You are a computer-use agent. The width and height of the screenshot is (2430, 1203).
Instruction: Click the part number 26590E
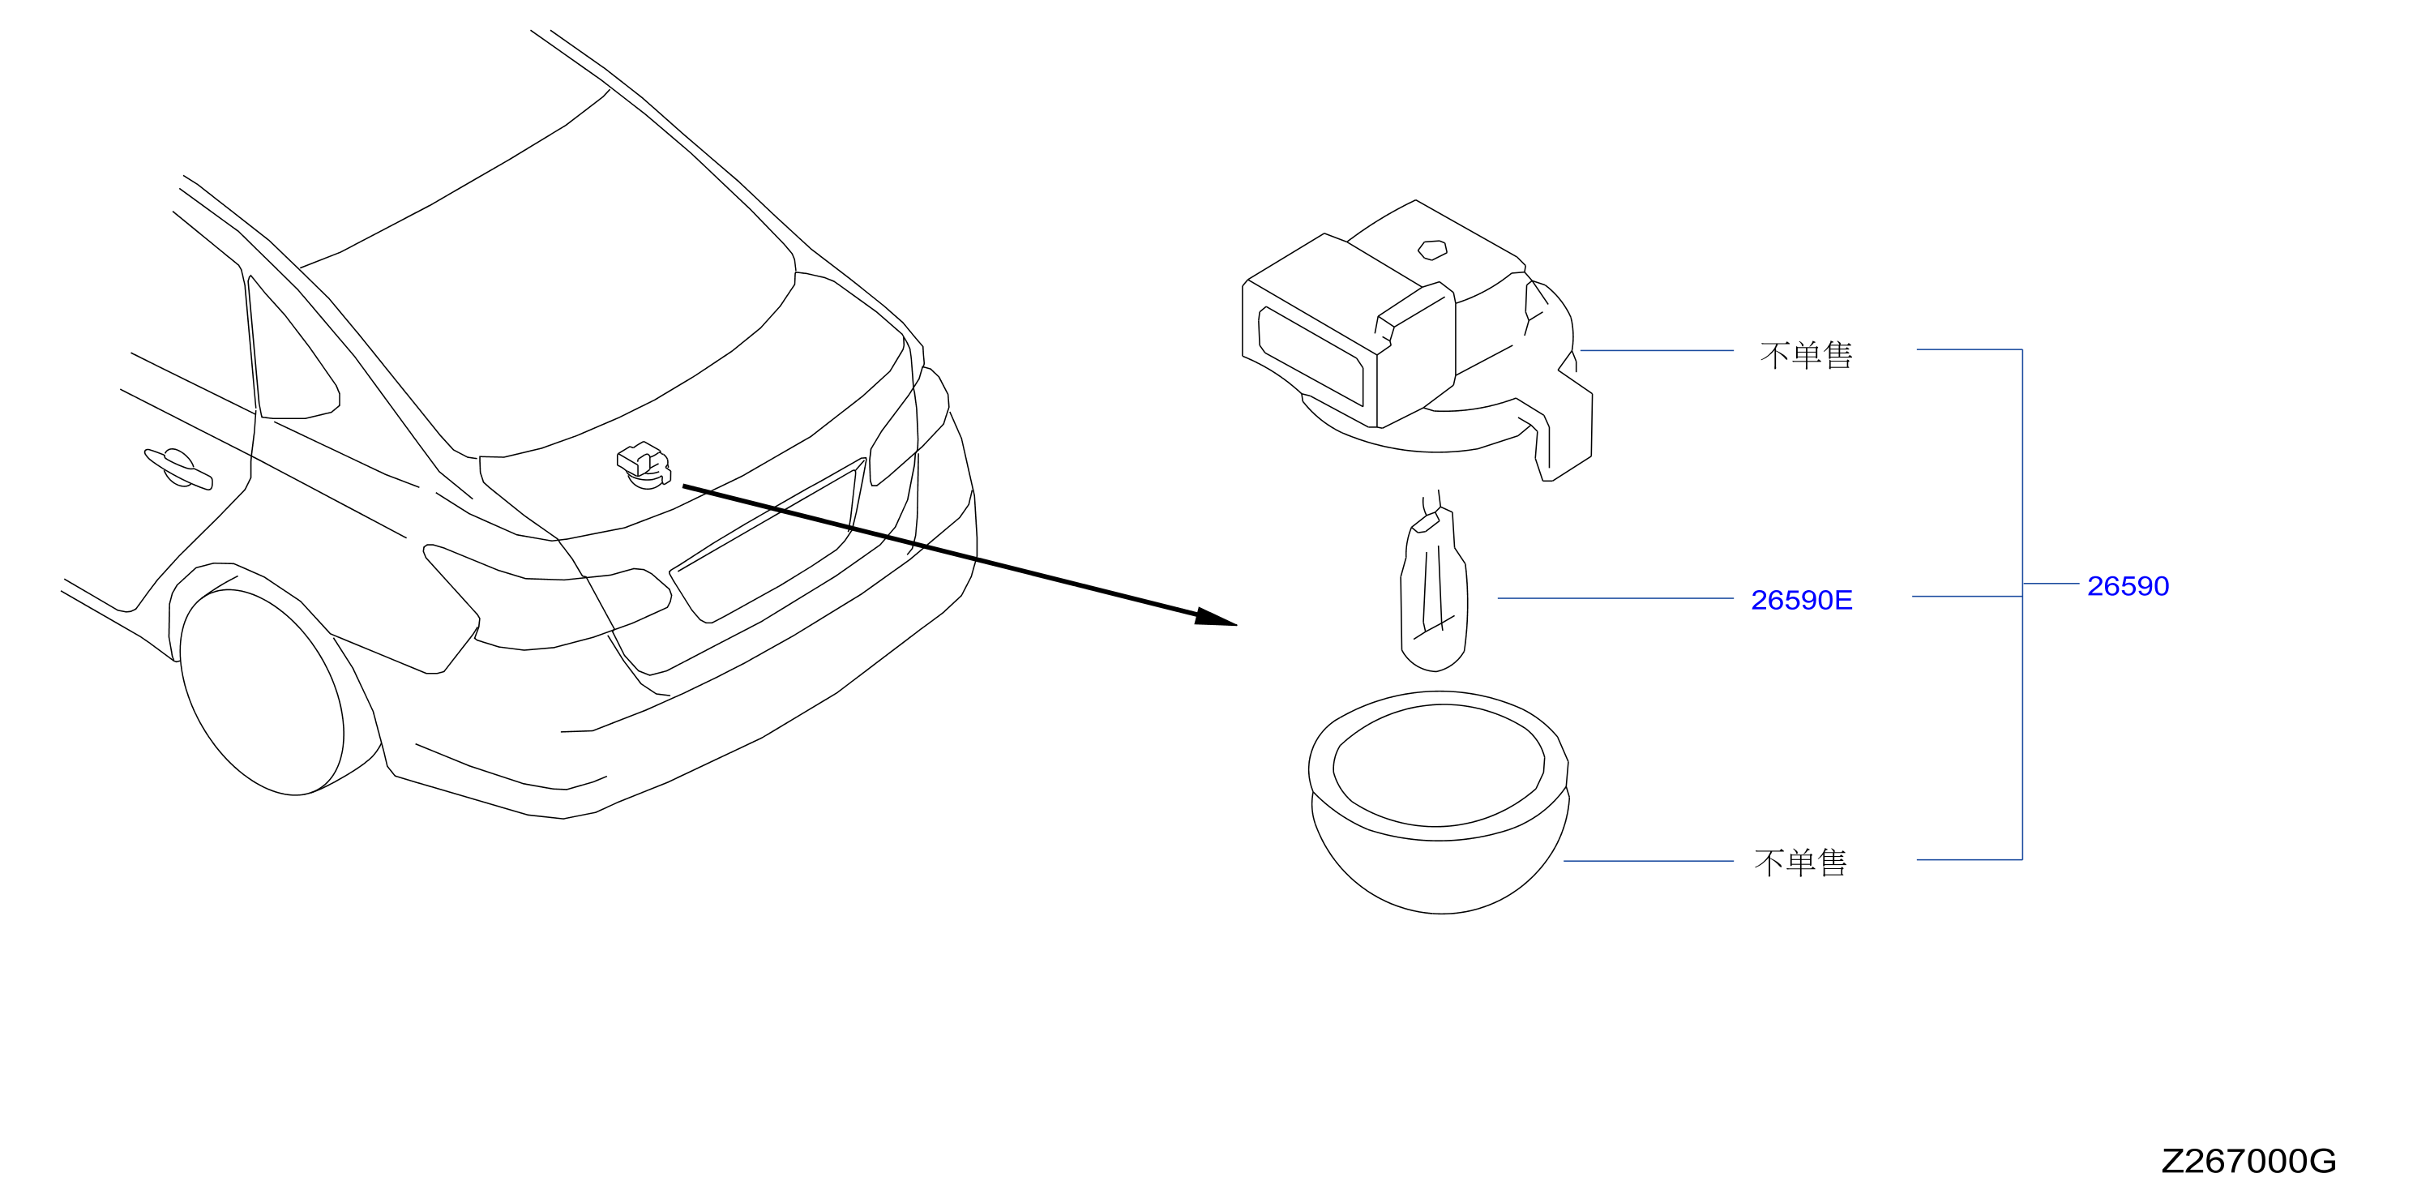1801,600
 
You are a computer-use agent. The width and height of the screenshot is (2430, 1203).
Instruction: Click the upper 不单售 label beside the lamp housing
1806,355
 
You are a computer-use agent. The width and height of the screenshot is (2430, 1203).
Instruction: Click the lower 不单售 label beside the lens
1800,863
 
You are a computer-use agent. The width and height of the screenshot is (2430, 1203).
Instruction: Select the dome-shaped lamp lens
1439,802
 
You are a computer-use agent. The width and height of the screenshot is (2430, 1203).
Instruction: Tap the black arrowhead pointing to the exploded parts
1215,617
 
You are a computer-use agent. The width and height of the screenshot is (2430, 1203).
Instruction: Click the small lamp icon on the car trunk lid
644,465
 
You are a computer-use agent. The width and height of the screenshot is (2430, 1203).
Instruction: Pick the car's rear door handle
178,469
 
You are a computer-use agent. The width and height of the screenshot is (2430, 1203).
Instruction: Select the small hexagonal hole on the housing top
1433,249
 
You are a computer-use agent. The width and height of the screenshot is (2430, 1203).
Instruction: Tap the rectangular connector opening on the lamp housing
1311,356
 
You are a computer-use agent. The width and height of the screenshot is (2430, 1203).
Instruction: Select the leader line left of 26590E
1615,598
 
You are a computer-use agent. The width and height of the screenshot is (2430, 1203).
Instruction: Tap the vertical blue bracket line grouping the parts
2022,604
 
